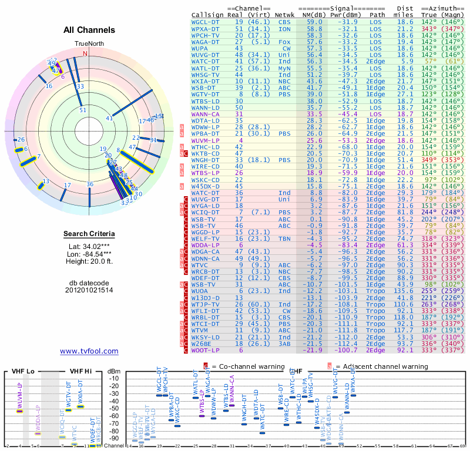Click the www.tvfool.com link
tap(89, 351)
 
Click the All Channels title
tap(89, 30)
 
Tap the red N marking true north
tap(85, 53)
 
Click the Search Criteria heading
tap(89, 234)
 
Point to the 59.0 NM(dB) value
tap(314, 22)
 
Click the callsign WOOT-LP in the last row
tap(206, 350)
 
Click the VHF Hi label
tap(81, 371)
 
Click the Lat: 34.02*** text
tap(89, 247)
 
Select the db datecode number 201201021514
tap(89, 290)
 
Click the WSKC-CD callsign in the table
tap(206, 180)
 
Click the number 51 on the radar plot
tap(83, 110)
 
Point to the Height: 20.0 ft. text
tap(89, 261)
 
